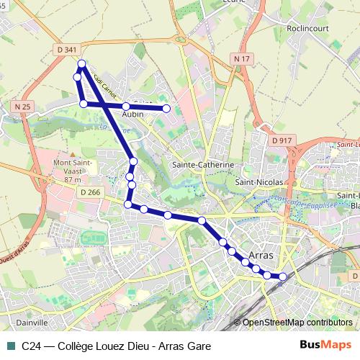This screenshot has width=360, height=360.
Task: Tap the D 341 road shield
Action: pos(66,50)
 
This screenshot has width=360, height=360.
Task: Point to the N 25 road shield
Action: pos(22,107)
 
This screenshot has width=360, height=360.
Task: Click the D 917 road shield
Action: pos(282,140)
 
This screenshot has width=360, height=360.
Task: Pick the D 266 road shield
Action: pos(90,192)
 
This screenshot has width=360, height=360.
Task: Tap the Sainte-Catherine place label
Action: pos(203,165)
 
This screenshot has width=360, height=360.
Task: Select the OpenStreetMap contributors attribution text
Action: pos(297,323)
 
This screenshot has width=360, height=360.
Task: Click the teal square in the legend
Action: pos(9,346)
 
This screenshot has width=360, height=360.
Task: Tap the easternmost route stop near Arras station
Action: pos(282,276)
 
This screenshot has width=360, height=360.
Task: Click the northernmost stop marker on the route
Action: pos(82,64)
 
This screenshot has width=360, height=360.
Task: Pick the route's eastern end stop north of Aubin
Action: pos(166,109)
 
